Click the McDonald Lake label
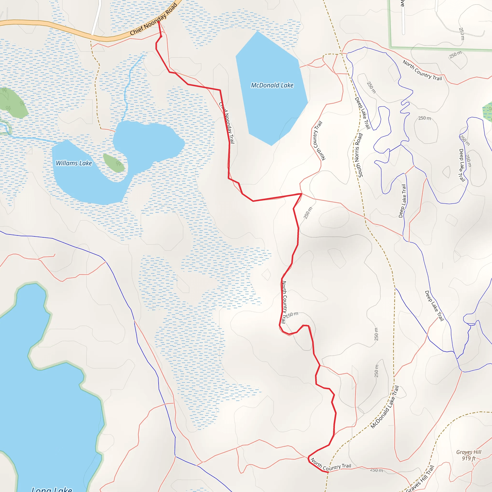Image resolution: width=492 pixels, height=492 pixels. (272, 85)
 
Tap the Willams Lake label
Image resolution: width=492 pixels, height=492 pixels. (74, 163)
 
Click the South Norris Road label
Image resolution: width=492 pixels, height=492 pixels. (359, 155)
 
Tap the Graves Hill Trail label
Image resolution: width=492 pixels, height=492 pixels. (420, 479)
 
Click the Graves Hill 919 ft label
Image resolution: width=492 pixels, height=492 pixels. (468, 455)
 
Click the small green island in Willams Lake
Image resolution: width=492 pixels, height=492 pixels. (114, 163)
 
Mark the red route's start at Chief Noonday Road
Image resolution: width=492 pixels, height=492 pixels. (159, 22)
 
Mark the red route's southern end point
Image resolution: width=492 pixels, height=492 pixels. (328, 472)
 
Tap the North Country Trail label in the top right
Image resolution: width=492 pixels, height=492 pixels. (422, 70)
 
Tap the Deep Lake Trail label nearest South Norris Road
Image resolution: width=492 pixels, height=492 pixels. (362, 113)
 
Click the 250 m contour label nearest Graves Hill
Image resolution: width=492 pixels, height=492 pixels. (376, 470)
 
